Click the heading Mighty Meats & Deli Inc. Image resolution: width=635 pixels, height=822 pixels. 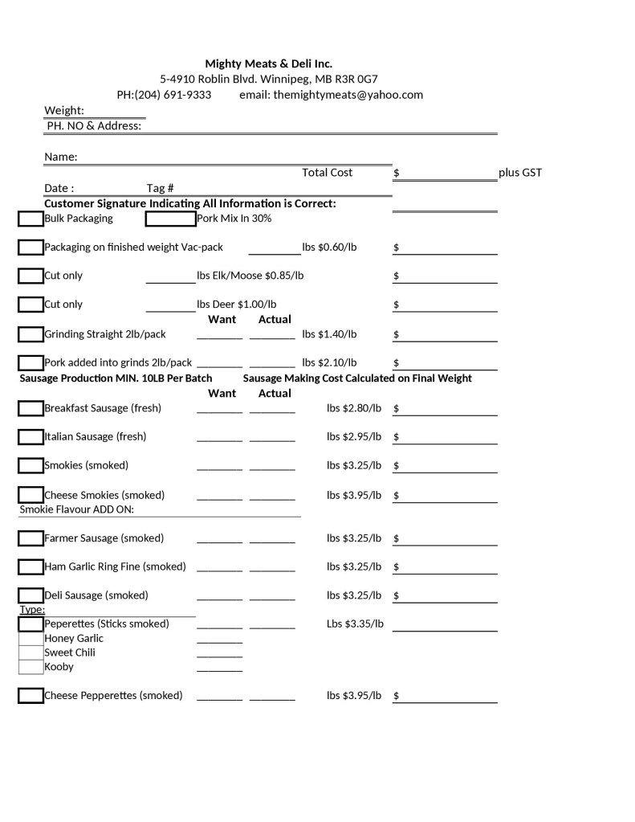pyautogui.click(x=268, y=63)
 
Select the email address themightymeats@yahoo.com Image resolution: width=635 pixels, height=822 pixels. pyautogui.click(x=348, y=95)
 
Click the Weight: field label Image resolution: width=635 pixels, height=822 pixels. pyautogui.click(x=64, y=110)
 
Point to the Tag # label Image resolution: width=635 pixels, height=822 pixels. pyautogui.click(x=161, y=188)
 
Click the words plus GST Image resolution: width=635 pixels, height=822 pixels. pyautogui.click(x=520, y=173)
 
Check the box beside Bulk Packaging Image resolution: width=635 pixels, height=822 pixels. pyautogui.click(x=31, y=219)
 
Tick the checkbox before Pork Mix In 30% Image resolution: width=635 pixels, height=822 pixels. pyautogui.click(x=170, y=219)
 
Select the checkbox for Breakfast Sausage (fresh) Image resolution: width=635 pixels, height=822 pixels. pyautogui.click(x=31, y=408)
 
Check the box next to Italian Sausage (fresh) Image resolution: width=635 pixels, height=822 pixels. pyautogui.click(x=31, y=437)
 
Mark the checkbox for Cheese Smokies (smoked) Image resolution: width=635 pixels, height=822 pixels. pyautogui.click(x=31, y=495)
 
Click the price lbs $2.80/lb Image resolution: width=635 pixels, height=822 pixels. pyautogui.click(x=354, y=408)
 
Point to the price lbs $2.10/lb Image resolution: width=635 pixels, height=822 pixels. pyautogui.click(x=329, y=362)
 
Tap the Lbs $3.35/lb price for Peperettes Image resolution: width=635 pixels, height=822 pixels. pyautogui.click(x=355, y=624)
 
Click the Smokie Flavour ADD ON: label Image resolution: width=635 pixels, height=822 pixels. pyautogui.click(x=76, y=509)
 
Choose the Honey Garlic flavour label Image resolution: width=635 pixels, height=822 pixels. pyautogui.click(x=74, y=639)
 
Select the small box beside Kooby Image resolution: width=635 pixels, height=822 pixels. pyautogui.click(x=31, y=667)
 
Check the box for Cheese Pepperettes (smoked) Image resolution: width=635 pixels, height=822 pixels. pyautogui.click(x=31, y=696)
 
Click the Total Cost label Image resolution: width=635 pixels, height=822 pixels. pyautogui.click(x=327, y=173)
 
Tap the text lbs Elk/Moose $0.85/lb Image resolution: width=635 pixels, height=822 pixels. pyautogui.click(x=250, y=276)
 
